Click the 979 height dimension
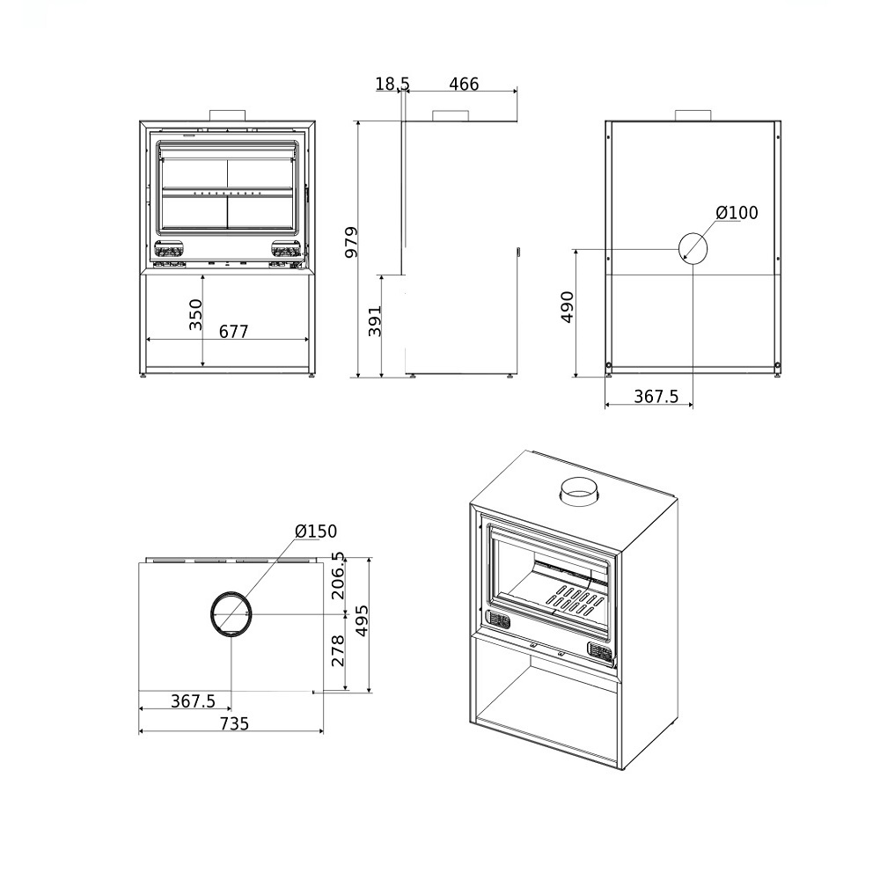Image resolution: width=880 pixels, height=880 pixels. pos(351,243)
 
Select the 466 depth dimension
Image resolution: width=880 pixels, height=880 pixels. pos(464,84)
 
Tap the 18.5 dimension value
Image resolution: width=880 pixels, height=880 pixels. pos(392,84)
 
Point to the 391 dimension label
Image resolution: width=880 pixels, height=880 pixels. pos(374,321)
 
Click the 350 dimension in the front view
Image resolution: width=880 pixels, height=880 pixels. pos(194,315)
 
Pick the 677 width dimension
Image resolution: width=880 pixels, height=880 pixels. pos(233,332)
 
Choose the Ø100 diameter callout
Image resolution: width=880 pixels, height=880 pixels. pos(737,213)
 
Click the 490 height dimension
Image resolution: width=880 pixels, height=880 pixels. pos(568,307)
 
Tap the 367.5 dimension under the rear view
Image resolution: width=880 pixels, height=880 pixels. pos(656,397)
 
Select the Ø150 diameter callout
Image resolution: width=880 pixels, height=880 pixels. pos(316,531)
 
